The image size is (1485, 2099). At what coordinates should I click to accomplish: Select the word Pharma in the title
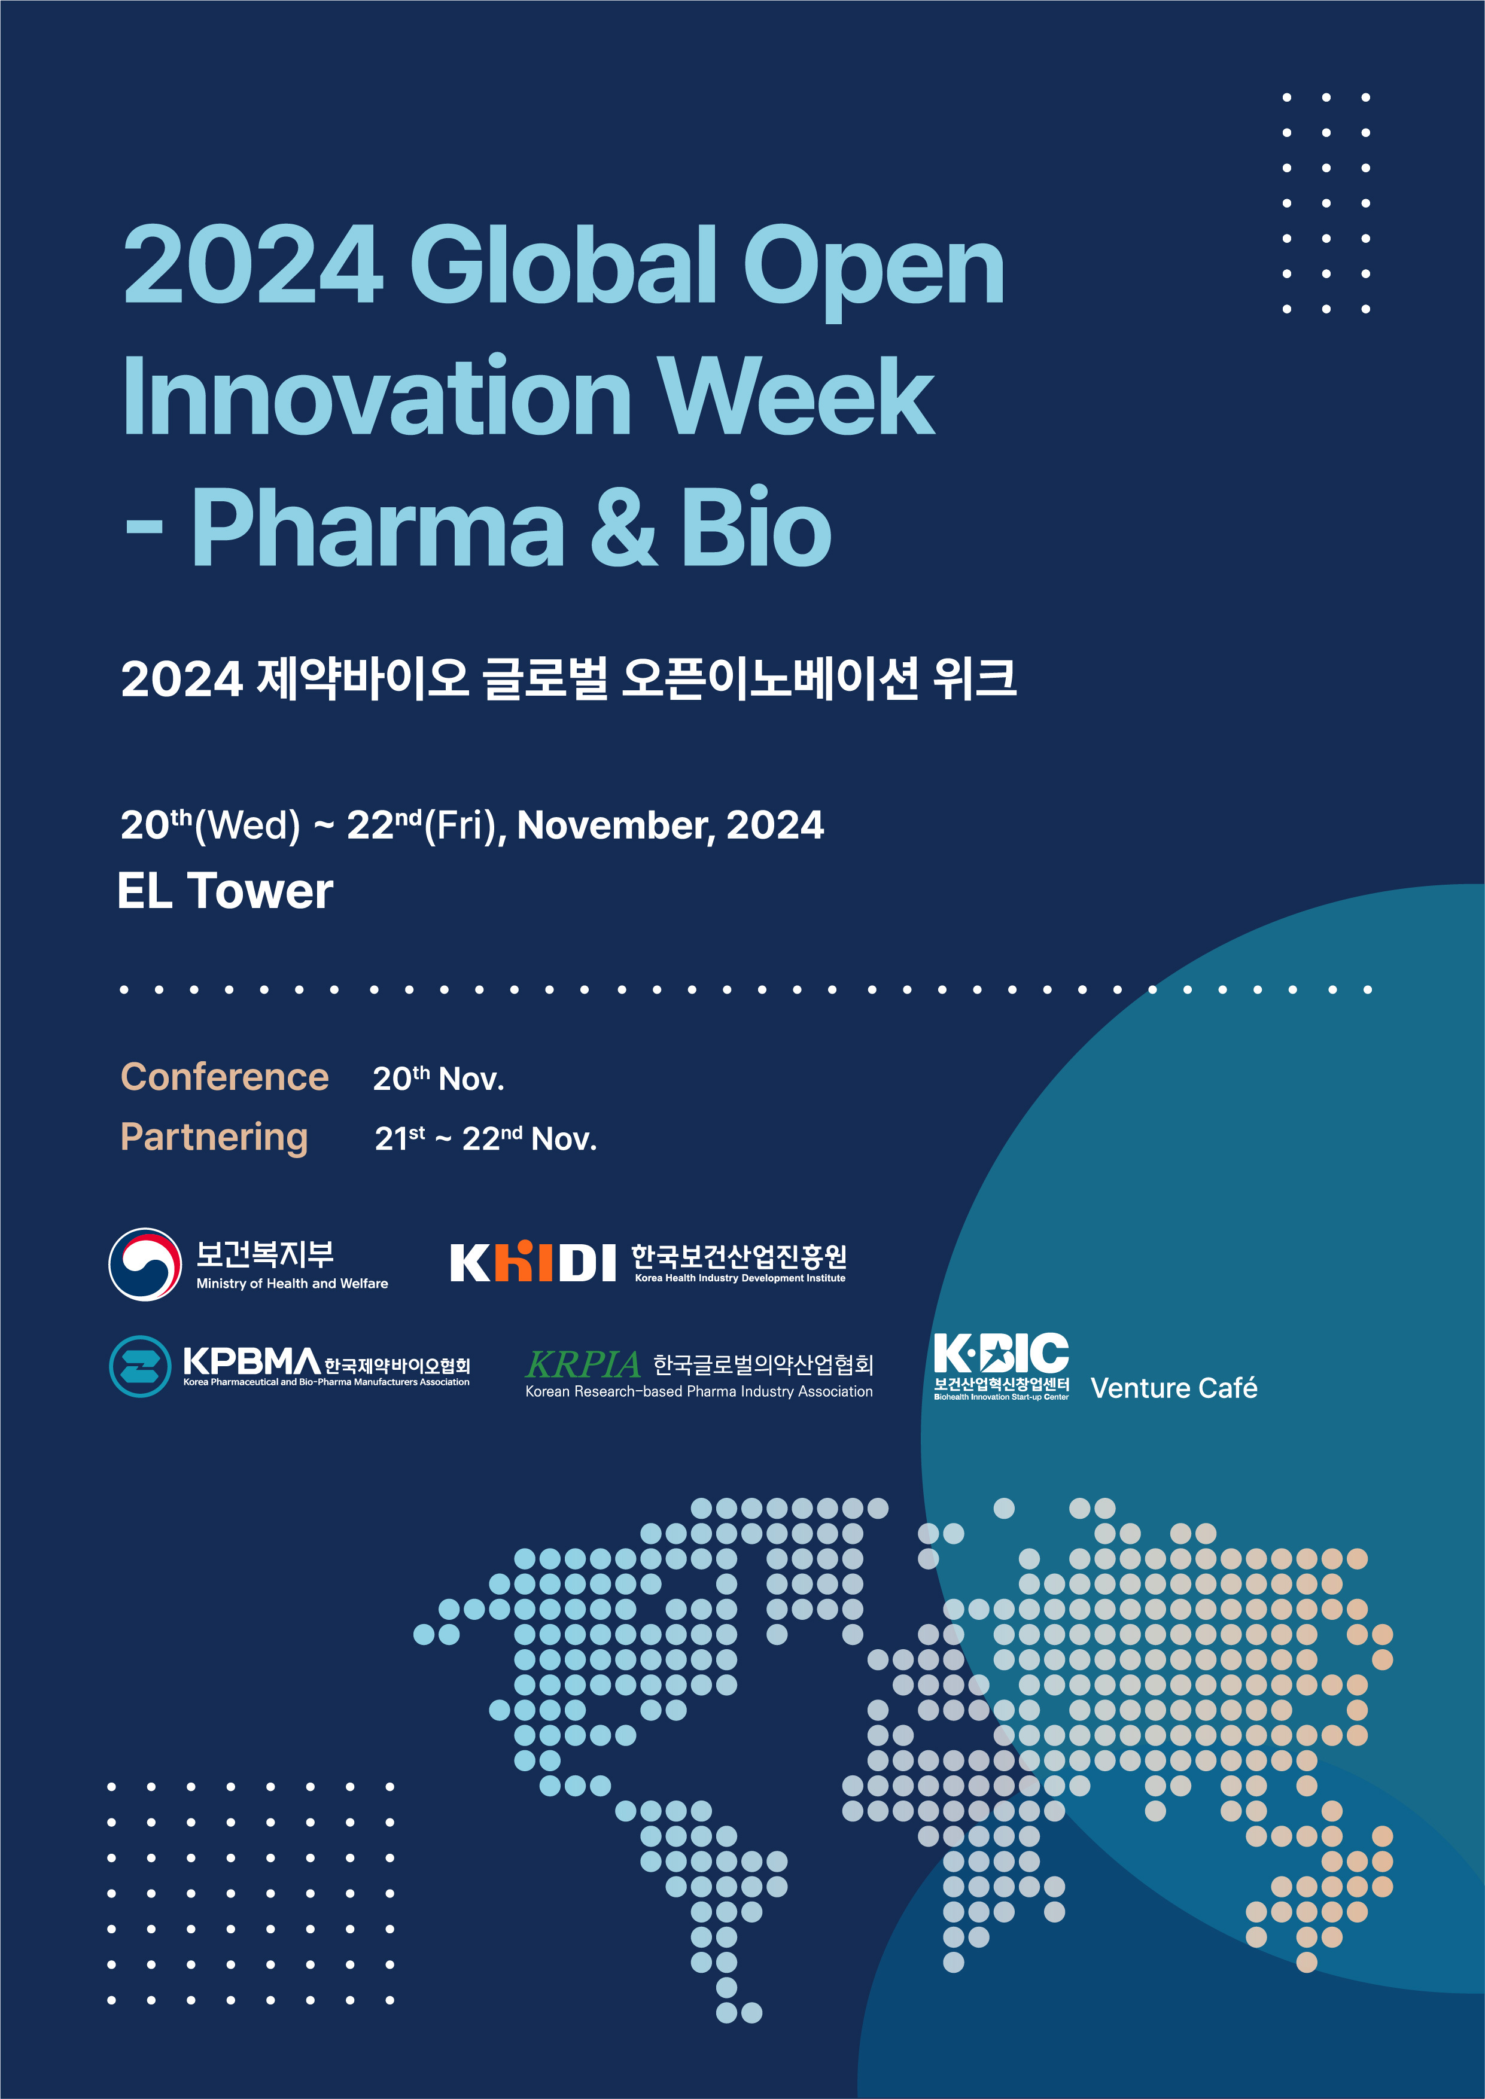click(x=378, y=528)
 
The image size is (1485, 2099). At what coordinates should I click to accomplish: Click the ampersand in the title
click(x=623, y=528)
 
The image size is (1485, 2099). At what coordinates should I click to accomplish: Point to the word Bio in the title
click(x=755, y=528)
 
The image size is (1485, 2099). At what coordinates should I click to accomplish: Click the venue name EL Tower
click(x=225, y=891)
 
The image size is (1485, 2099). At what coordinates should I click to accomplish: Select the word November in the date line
click(x=616, y=825)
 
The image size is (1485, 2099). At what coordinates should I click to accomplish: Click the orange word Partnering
click(x=214, y=1137)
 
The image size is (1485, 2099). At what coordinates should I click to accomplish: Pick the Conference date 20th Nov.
click(x=438, y=1079)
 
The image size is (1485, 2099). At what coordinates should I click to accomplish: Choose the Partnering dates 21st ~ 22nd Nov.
click(x=486, y=1139)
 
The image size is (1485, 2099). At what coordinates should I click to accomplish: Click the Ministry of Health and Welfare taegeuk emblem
click(x=144, y=1263)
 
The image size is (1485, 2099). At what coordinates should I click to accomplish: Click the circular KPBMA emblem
click(x=140, y=1366)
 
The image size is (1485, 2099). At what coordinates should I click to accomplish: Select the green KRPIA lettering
click(x=583, y=1365)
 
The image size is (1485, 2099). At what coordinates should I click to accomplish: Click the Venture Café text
click(x=1173, y=1388)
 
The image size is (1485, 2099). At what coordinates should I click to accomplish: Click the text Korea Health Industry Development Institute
click(x=740, y=1278)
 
